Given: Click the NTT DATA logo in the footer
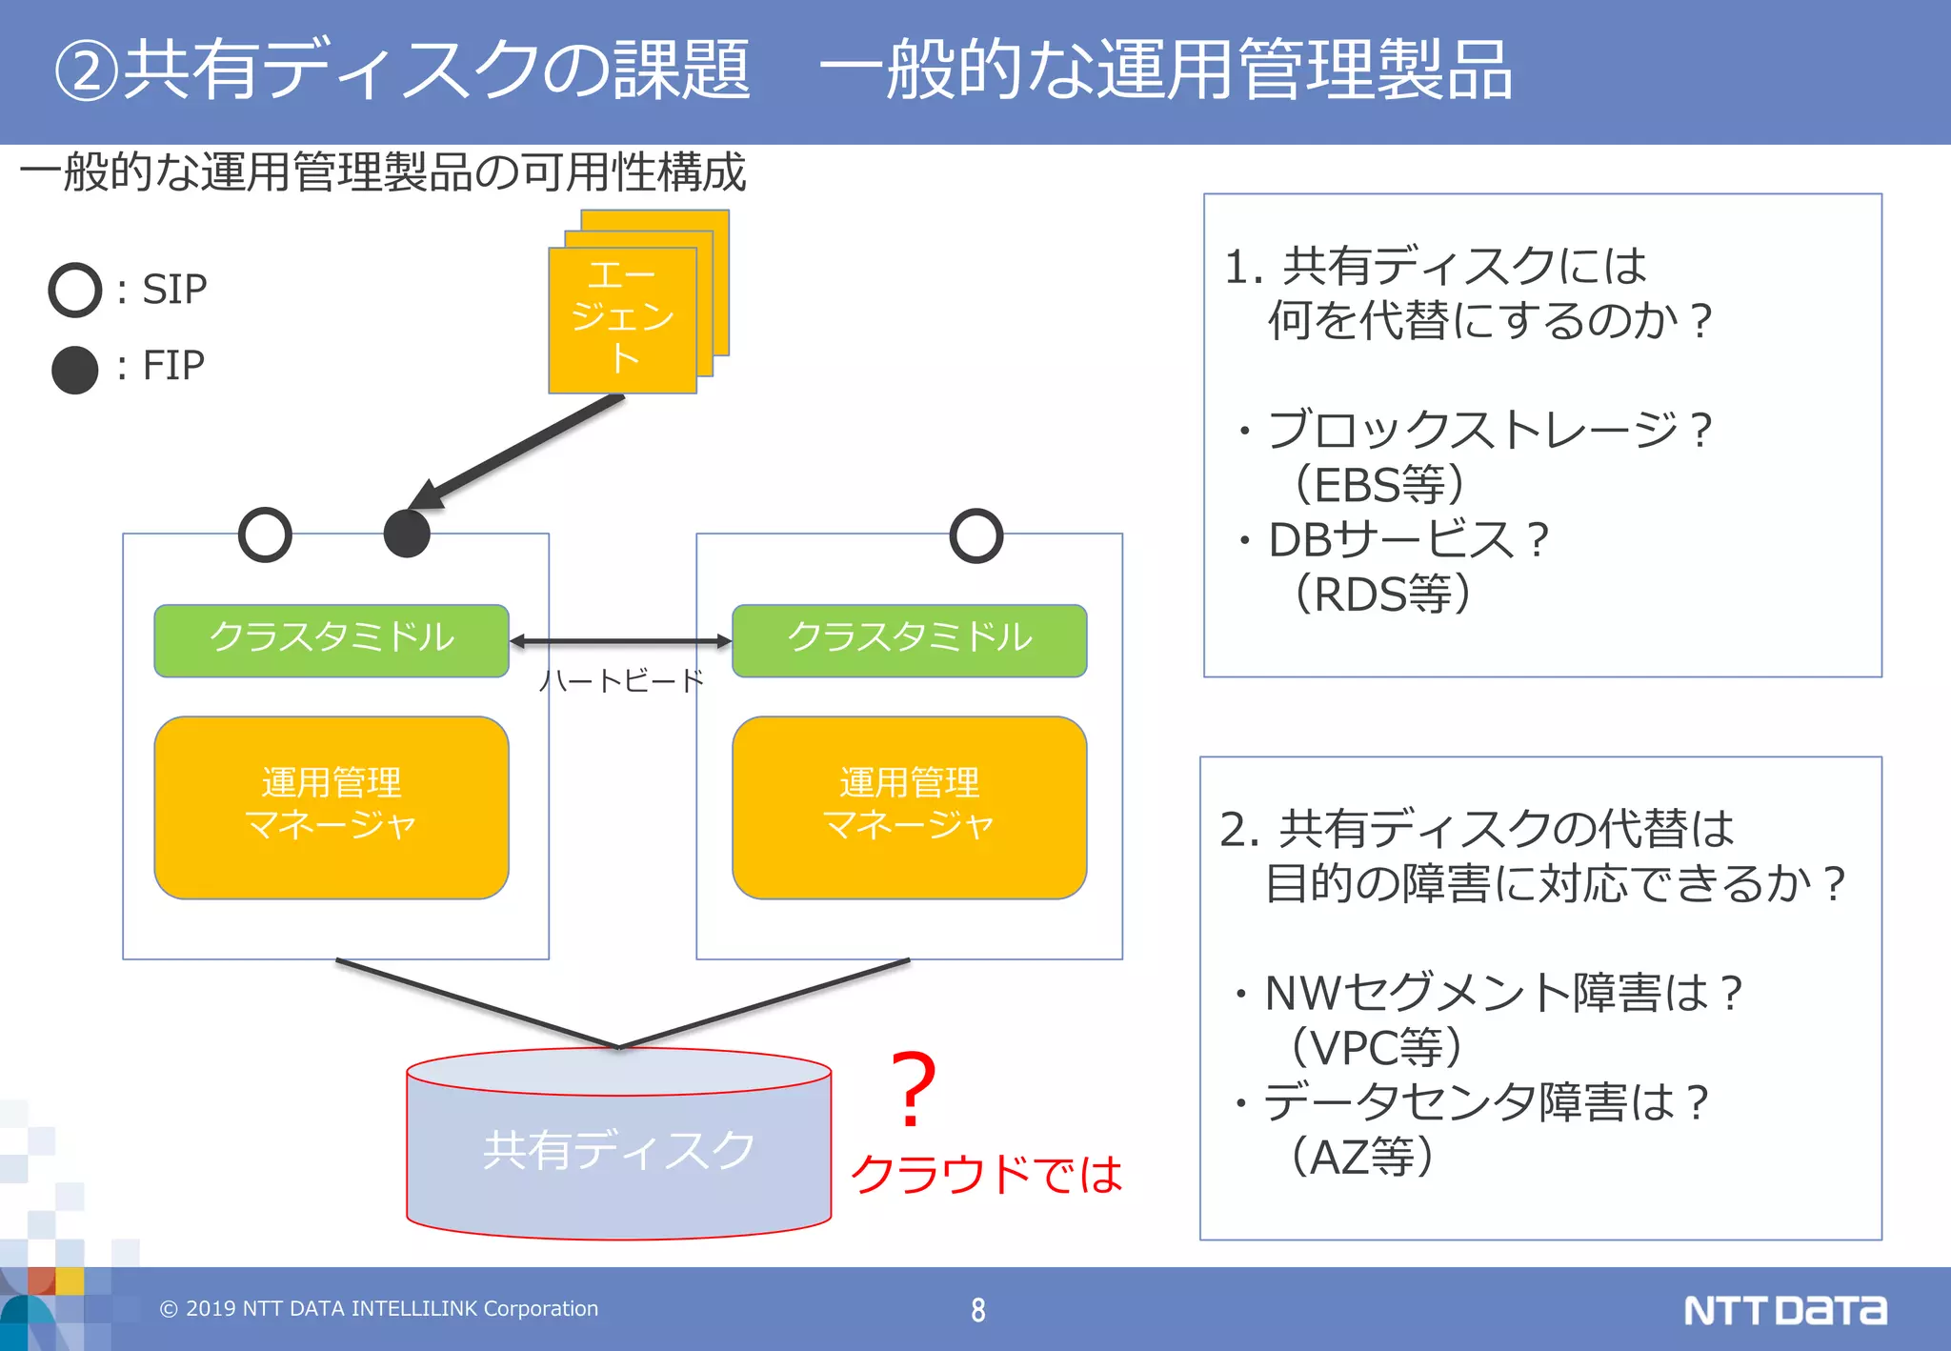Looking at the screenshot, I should coord(1784,1310).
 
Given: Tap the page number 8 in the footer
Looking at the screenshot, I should coord(977,1310).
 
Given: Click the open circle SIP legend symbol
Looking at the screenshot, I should coord(75,290).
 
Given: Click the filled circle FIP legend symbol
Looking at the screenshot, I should coord(75,370).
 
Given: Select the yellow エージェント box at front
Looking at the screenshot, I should coord(622,319).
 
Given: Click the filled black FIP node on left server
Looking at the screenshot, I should coord(407,534).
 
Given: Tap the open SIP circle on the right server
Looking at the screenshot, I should coord(976,535).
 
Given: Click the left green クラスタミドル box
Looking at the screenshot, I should coord(332,639).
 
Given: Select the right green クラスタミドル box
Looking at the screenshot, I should coord(909,639).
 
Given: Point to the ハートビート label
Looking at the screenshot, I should coord(621,680).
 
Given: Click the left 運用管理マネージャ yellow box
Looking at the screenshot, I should coord(332,806).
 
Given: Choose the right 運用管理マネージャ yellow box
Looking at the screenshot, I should coord(909,806).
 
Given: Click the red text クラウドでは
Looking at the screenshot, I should coord(986,1174).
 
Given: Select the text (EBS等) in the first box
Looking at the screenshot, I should coord(1378,484).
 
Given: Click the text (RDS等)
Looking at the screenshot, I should coord(1382,594).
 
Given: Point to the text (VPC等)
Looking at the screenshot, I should coord(1376,1047).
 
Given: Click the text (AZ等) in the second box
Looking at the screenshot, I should coord(1361,1157).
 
